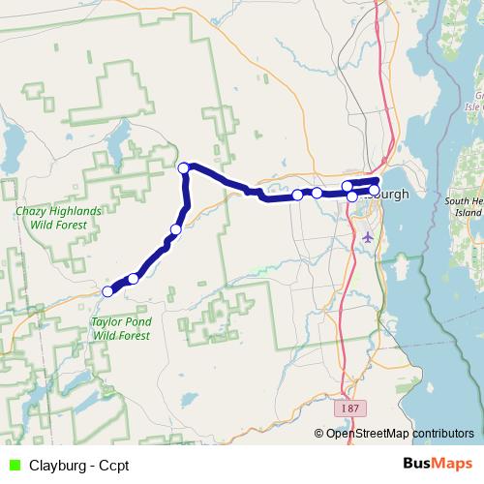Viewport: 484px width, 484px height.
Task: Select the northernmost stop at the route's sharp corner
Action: pyautogui.click(x=183, y=168)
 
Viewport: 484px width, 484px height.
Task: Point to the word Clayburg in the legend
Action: pyautogui.click(x=57, y=466)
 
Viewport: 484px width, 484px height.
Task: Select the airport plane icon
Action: pyautogui.click(x=366, y=236)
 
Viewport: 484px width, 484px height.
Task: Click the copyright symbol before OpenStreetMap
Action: pyautogui.click(x=319, y=434)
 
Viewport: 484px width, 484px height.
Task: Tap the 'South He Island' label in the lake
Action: pyautogui.click(x=463, y=206)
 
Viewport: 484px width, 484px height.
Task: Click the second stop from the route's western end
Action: pyautogui.click(x=133, y=279)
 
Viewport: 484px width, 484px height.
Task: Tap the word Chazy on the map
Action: pyautogui.click(x=33, y=211)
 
